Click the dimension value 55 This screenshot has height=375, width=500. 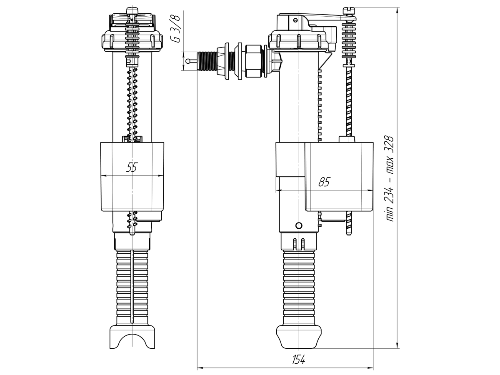click(132, 167)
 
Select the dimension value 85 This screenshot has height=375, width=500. click(324, 182)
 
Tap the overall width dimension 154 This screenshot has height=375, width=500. click(298, 360)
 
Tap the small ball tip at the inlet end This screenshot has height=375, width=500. click(188, 61)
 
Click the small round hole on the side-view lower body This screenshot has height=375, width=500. click(298, 225)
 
